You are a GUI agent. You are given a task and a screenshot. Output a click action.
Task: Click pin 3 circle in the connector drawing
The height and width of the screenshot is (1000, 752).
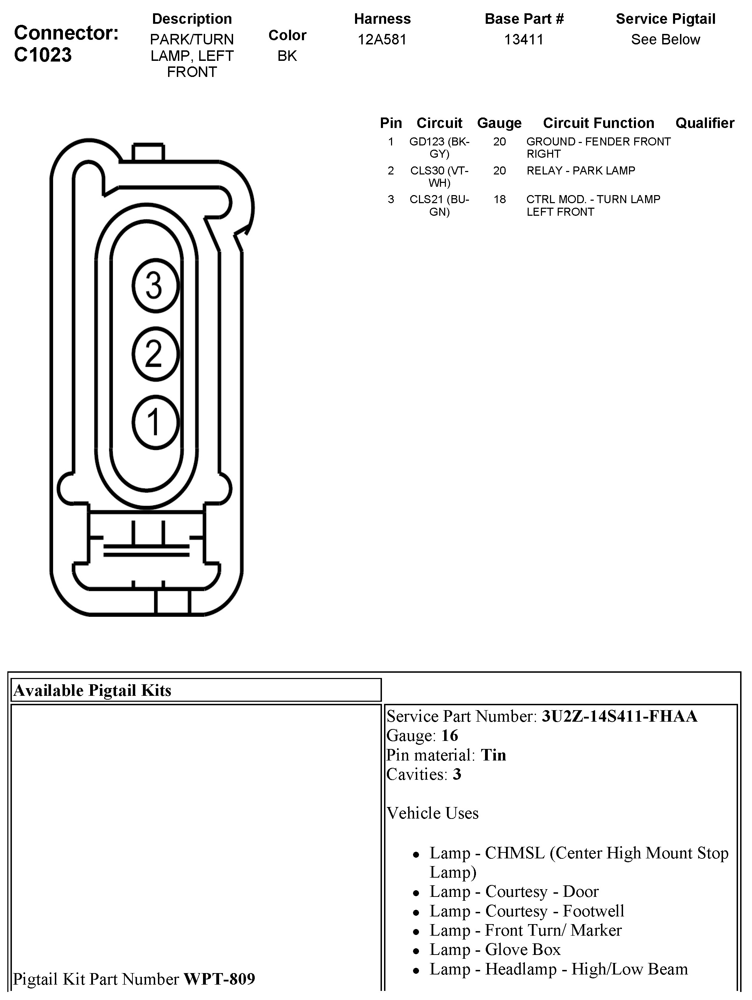point(156,285)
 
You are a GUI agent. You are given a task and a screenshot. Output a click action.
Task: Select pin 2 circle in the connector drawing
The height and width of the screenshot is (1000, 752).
point(156,353)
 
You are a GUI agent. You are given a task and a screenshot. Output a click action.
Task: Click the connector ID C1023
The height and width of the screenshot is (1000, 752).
point(43,55)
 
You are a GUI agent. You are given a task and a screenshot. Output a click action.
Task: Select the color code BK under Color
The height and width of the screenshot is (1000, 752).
point(287,56)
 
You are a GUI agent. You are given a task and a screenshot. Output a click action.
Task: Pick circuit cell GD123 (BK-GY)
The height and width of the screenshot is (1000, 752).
point(439,148)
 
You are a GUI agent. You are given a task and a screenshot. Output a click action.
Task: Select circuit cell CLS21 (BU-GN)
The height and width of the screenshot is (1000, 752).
point(439,205)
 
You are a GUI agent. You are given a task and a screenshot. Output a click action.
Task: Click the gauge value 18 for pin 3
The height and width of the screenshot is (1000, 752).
point(499,199)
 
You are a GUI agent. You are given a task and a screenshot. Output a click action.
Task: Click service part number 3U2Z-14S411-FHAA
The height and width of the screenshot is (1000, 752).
point(620,716)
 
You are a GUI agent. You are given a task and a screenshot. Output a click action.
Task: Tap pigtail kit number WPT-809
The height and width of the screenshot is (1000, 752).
point(219,979)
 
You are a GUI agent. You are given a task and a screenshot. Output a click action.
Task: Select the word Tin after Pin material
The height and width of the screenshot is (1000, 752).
point(493,755)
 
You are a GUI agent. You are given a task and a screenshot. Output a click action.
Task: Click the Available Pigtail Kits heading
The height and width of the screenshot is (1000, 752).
point(93,690)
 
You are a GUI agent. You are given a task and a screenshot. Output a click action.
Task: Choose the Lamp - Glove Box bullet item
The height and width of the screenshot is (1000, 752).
point(495,949)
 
